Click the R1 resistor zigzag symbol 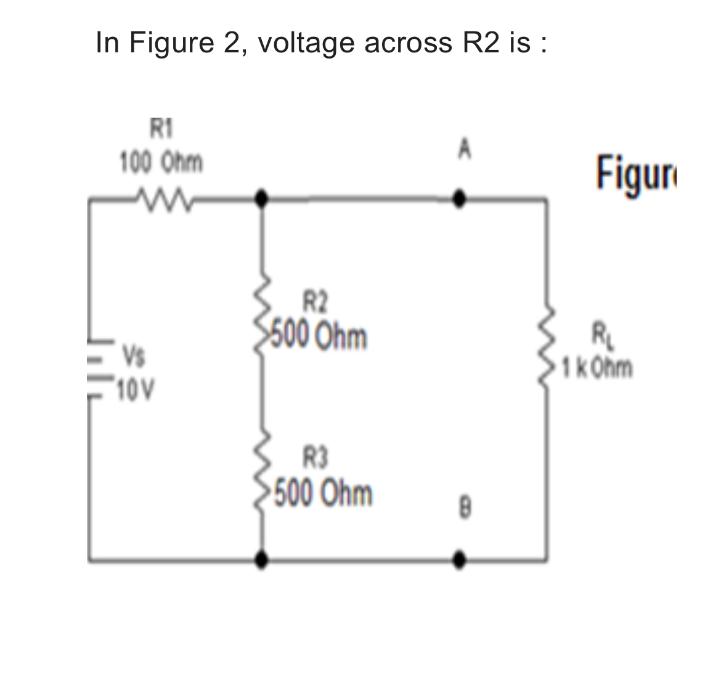tap(161, 198)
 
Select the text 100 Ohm tap(161, 163)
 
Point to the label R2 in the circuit tap(316, 302)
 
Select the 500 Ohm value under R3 tap(322, 493)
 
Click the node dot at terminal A tap(458, 198)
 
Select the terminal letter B tap(466, 509)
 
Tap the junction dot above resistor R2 tap(263, 198)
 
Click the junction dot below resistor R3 tap(263, 559)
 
